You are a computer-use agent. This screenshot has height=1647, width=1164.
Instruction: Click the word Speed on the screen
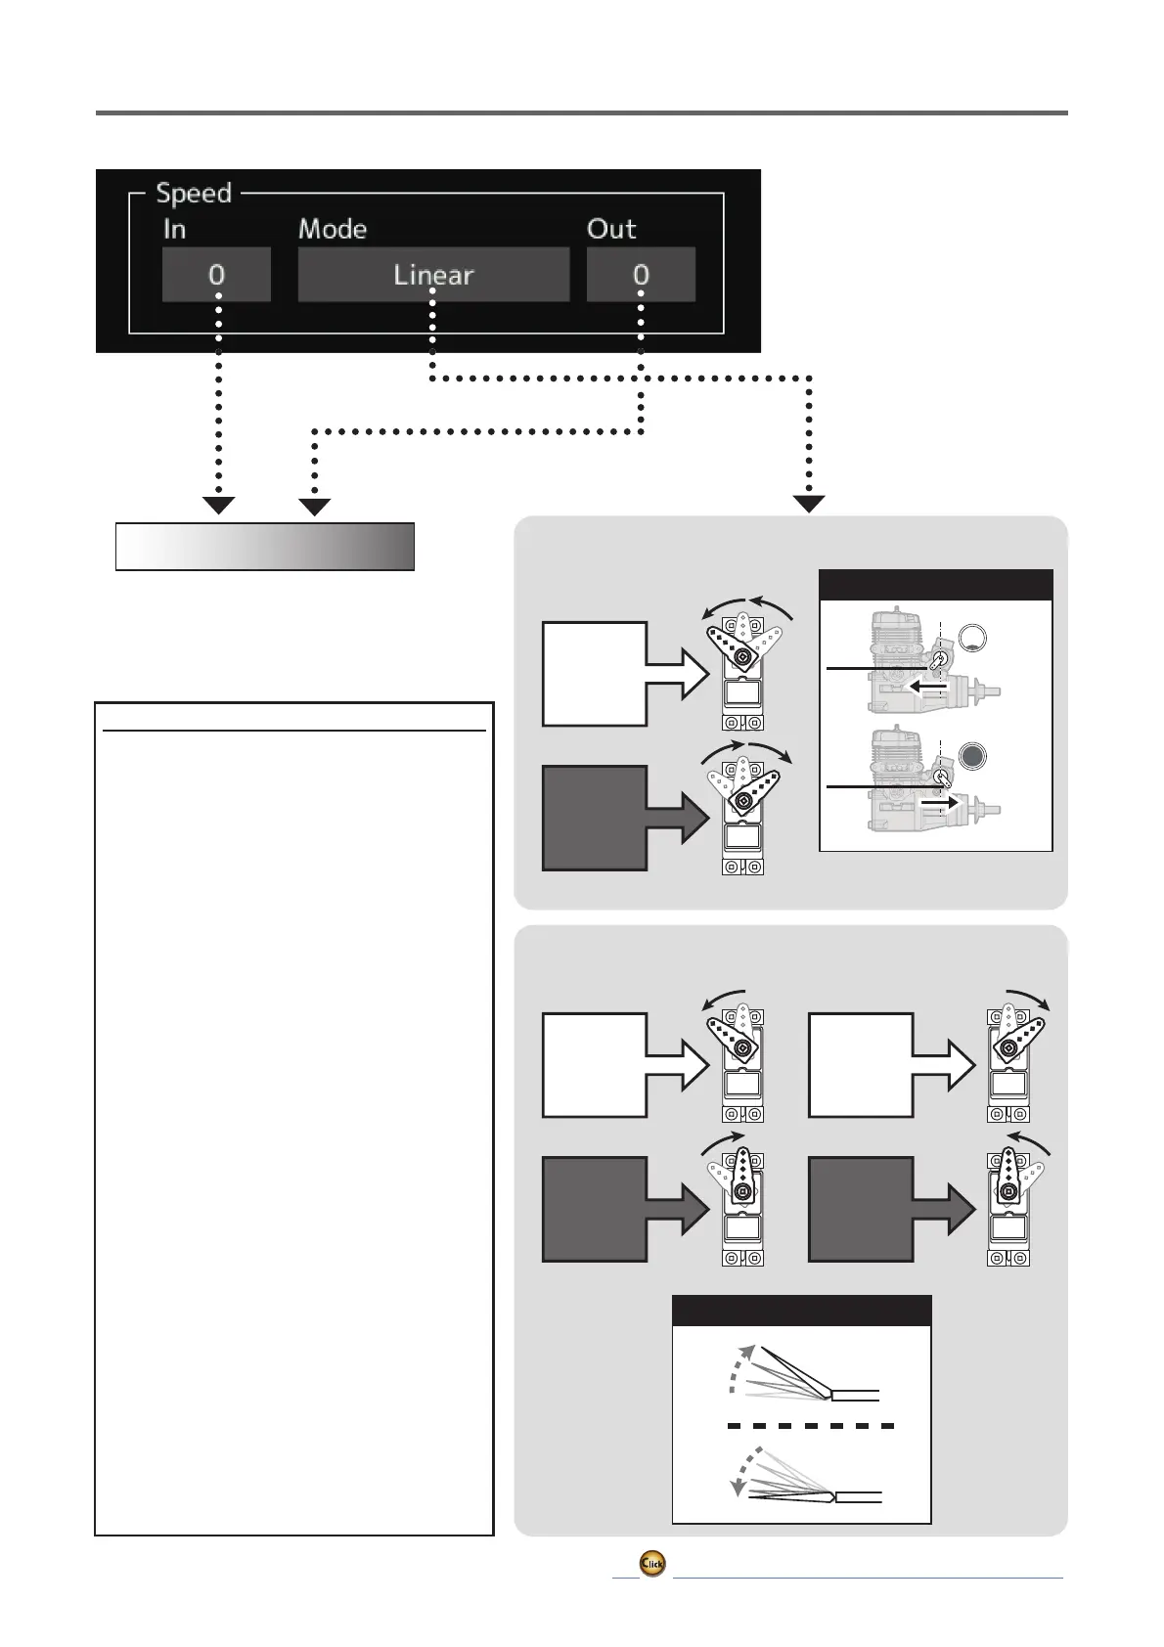pos(194,194)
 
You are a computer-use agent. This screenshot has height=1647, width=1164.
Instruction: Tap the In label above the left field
pos(175,230)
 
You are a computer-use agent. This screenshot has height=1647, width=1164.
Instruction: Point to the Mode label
pos(333,230)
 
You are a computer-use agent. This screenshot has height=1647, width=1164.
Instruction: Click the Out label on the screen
pos(611,230)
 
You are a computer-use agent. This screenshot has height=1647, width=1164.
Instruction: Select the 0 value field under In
pos(216,275)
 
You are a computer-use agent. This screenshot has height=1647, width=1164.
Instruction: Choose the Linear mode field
pos(433,275)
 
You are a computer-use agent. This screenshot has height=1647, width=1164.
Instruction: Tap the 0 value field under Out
pos(641,275)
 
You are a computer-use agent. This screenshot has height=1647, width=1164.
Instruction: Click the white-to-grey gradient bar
pos(265,547)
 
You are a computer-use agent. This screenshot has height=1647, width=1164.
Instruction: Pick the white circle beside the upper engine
pos(972,638)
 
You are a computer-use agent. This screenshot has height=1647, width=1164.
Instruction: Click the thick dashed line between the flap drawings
pos(811,1426)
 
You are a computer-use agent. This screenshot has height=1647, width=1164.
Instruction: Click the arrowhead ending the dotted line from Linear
pos(809,504)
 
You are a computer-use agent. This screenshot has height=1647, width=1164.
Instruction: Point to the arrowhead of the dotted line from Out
pos(314,506)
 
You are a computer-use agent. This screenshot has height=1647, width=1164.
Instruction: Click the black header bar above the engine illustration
pos(935,585)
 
